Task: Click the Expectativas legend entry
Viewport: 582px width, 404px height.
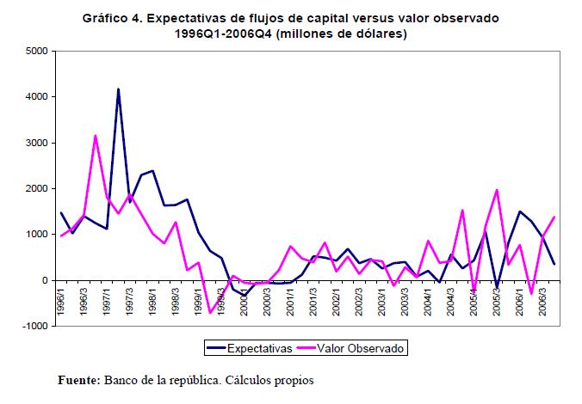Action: [253, 348]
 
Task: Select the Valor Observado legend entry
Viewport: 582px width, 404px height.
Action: [359, 348]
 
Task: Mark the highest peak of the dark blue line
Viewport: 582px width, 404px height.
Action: [118, 89]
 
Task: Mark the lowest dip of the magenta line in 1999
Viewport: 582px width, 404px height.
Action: [210, 312]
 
